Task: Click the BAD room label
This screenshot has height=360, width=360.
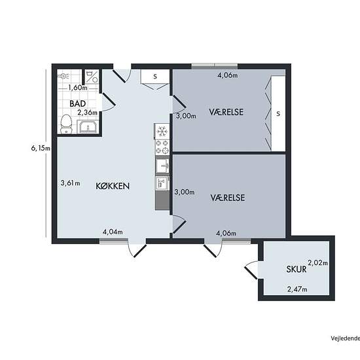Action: point(78,103)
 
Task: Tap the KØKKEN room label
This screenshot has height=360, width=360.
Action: point(113,186)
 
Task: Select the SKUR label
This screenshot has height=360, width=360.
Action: point(297,269)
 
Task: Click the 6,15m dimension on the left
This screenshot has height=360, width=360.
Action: point(41,149)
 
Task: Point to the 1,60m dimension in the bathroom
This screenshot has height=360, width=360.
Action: point(78,88)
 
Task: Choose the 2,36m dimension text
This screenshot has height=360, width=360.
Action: point(87,113)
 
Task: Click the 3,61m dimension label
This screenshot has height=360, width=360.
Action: point(70,183)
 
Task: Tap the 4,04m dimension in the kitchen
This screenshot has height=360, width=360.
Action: point(113,232)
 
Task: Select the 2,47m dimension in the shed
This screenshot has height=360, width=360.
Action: point(297,289)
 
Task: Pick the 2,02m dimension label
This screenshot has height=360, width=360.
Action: point(317,262)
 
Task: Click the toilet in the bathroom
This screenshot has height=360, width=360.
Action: point(66,124)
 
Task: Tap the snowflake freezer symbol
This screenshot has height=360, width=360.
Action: point(162,132)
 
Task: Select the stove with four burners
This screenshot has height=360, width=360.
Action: point(162,147)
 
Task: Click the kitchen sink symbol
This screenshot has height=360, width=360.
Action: point(162,166)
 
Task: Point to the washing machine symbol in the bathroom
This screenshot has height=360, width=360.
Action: point(92,77)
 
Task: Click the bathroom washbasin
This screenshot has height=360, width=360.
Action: point(88,127)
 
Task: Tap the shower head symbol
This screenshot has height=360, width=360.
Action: point(63,76)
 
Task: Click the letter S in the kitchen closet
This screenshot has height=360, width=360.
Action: point(155,77)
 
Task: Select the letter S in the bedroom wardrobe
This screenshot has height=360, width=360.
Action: point(278,113)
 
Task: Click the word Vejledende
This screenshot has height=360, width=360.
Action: point(346,338)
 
